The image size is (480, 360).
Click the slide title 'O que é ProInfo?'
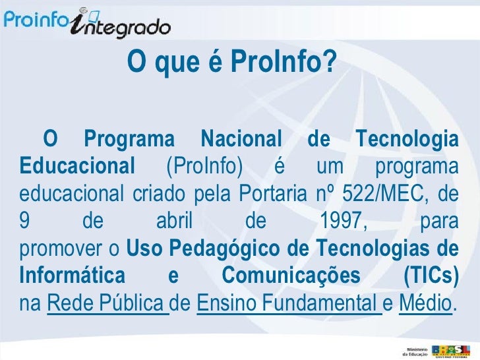[231, 63]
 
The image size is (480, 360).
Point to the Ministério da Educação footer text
[415, 349]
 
